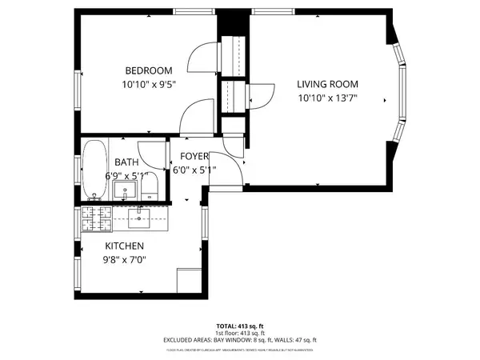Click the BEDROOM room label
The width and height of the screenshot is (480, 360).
[x=147, y=70]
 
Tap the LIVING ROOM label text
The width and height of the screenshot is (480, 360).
[x=327, y=84]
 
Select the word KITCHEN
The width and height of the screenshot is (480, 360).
[x=124, y=246]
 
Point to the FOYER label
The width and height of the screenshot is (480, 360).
[x=194, y=156]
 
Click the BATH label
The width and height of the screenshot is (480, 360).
[x=126, y=162]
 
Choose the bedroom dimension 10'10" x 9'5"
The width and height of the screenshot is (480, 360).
[x=148, y=83]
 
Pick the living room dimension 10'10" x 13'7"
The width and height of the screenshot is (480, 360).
[x=327, y=98]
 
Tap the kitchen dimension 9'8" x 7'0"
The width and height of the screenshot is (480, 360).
[x=125, y=259]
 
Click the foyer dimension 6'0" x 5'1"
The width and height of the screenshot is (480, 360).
[x=194, y=170]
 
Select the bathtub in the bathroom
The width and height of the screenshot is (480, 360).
[x=94, y=170]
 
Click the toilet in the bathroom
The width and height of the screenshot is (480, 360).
[x=149, y=189]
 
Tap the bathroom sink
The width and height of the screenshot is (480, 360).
[x=124, y=190]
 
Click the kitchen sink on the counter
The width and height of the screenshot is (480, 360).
[x=141, y=216]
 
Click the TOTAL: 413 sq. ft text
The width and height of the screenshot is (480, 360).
[x=240, y=326]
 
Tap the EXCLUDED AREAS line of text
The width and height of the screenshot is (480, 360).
[x=240, y=339]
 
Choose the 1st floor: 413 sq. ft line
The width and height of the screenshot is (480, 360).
[x=240, y=332]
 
